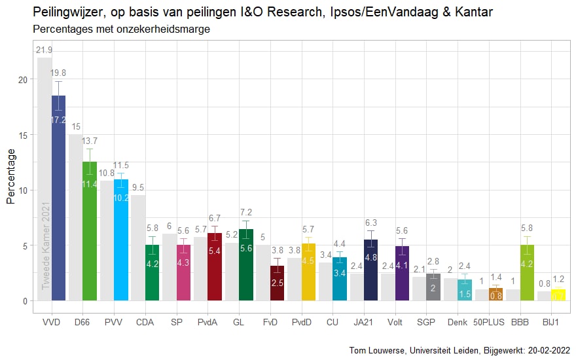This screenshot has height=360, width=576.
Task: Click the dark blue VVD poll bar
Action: pyautogui.click(x=59, y=203)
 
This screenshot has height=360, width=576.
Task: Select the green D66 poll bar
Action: pyautogui.click(x=90, y=236)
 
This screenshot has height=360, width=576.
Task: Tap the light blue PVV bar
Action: pyautogui.click(x=121, y=242)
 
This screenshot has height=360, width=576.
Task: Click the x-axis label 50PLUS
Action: pyautogui.click(x=488, y=322)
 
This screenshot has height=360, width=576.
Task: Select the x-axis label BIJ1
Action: pyautogui.click(x=550, y=322)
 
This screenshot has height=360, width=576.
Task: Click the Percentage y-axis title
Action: pyautogui.click(x=10, y=177)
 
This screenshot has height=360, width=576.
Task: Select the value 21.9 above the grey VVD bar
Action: pyautogui.click(x=45, y=50)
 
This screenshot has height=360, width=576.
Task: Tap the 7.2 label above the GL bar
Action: pyautogui.click(x=246, y=213)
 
